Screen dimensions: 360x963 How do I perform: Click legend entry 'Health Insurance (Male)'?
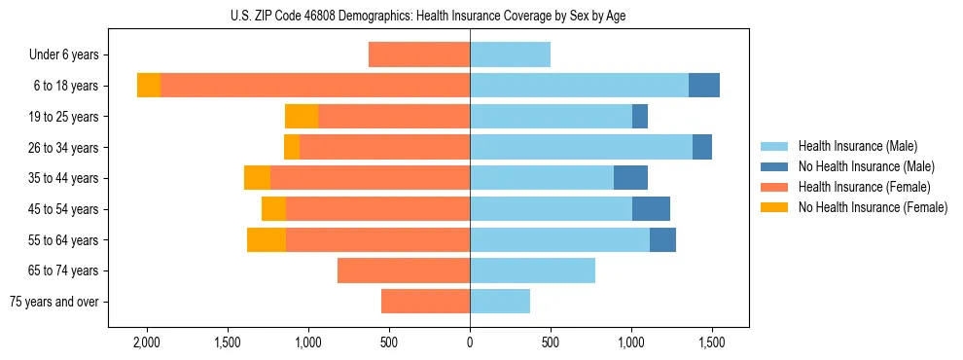pos(857,146)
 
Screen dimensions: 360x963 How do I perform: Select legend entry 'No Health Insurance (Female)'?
pos(873,207)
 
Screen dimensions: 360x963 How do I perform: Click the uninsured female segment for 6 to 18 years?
pos(149,86)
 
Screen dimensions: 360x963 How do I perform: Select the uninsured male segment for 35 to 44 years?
pos(630,178)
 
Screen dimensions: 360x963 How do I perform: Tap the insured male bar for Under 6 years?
pos(510,55)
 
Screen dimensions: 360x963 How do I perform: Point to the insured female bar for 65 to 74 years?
pos(404,270)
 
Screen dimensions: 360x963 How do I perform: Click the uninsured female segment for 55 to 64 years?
pos(267,239)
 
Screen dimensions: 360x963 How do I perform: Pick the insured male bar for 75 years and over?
pos(500,302)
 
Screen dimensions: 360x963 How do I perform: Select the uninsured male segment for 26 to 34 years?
pos(702,147)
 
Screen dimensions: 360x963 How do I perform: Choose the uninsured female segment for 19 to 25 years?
pos(302,117)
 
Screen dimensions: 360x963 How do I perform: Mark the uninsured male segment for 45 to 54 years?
pos(651,209)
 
